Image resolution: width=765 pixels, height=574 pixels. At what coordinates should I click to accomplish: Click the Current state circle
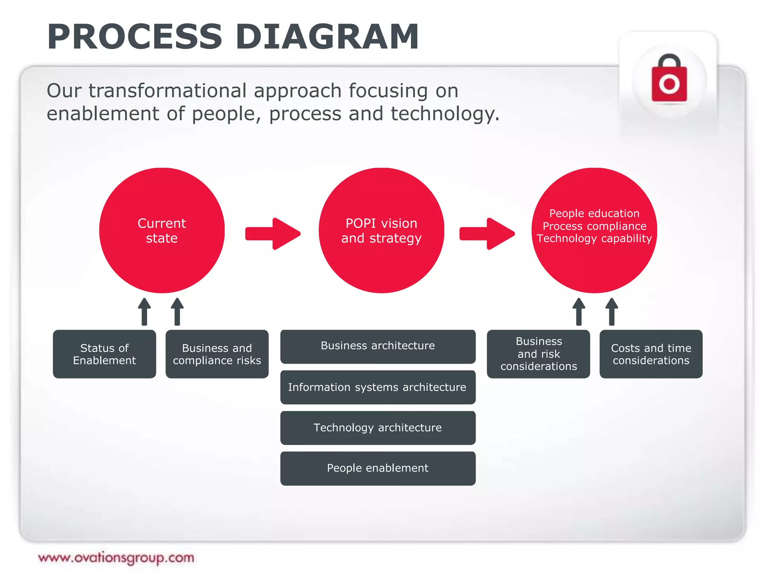(x=162, y=230)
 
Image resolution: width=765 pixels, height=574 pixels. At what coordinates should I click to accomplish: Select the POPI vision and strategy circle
(x=381, y=230)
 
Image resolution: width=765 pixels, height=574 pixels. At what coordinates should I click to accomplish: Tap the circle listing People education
(x=594, y=230)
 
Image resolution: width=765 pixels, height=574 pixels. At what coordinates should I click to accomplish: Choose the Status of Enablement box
(x=104, y=354)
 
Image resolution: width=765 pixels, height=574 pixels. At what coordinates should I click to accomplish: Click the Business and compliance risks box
(x=217, y=354)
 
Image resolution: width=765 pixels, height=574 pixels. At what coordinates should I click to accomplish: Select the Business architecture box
(x=378, y=346)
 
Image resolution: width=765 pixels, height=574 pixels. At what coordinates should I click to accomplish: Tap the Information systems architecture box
(x=378, y=387)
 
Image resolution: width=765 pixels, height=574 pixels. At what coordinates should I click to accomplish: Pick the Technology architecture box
(x=378, y=428)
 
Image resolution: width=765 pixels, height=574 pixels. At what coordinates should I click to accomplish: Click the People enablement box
(x=378, y=468)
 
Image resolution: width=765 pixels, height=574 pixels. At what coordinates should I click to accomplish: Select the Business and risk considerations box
(x=538, y=354)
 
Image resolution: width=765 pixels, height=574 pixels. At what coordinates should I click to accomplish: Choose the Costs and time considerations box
(x=651, y=354)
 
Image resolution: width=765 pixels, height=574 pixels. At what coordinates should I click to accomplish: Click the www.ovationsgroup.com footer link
(x=116, y=558)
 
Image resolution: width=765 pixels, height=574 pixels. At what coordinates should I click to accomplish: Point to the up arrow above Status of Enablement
(x=145, y=312)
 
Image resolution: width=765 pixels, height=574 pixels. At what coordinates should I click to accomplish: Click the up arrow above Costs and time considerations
(x=611, y=312)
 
